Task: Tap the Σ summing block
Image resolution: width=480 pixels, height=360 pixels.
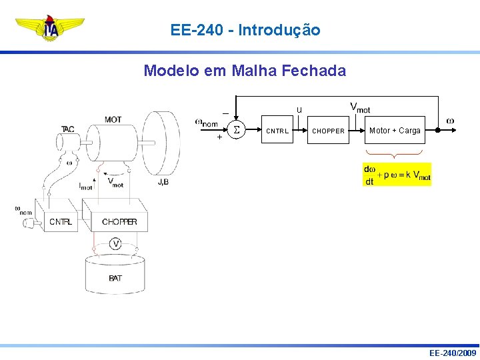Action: click(x=235, y=130)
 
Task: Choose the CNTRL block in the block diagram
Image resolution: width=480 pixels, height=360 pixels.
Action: click(x=277, y=131)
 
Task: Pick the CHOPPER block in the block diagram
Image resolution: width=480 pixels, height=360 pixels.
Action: click(x=329, y=131)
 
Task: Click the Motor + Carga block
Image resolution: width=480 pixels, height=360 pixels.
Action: click(x=395, y=131)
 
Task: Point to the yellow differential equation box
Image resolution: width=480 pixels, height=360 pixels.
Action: click(x=397, y=174)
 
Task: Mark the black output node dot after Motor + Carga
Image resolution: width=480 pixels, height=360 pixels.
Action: click(x=437, y=131)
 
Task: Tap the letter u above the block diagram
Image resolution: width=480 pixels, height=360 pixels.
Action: click(x=299, y=110)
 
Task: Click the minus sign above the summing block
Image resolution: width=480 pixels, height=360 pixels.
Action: click(x=225, y=113)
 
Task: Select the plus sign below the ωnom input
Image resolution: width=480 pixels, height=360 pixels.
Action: click(x=219, y=138)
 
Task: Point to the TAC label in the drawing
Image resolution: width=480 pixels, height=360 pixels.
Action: click(x=68, y=129)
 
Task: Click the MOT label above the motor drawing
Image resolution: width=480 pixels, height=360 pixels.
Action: click(x=113, y=120)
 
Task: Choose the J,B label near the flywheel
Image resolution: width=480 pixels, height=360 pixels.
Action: click(x=163, y=181)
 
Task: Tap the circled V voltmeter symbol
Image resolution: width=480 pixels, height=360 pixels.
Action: click(x=115, y=244)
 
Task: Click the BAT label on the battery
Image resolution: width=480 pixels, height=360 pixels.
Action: click(x=115, y=277)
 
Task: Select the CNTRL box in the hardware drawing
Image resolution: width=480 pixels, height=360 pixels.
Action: click(x=61, y=221)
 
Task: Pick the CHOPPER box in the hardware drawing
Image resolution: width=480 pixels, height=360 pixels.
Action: click(x=119, y=221)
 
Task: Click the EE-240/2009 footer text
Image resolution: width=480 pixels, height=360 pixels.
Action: click(x=453, y=353)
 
